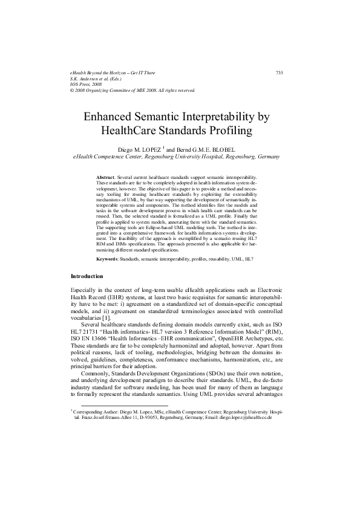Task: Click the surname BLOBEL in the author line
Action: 229,149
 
